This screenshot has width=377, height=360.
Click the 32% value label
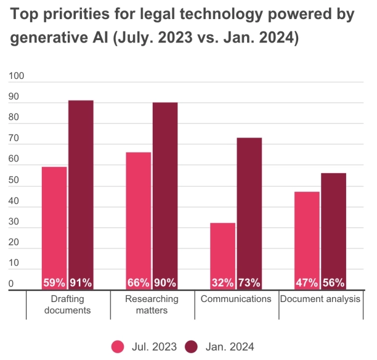(222, 283)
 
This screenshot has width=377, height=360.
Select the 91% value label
(81, 283)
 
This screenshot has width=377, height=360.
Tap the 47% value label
(307, 283)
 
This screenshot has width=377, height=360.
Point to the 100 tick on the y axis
(16, 76)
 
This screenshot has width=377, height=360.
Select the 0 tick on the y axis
(11, 284)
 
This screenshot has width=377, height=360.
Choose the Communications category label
(237, 299)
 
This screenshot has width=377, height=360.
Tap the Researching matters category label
(152, 305)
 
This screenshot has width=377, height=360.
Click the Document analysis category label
(320, 299)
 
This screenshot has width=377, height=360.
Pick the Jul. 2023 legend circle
(118, 346)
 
